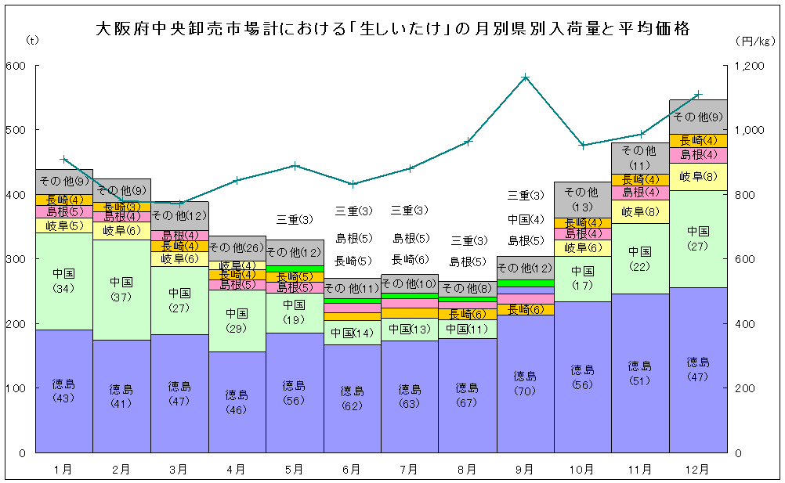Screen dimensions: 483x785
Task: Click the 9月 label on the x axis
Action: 525,470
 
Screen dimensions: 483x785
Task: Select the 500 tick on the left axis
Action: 15,130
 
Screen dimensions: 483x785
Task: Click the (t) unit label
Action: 31,39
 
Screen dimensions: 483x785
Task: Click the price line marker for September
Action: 525,77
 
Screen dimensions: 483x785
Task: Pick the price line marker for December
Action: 698,95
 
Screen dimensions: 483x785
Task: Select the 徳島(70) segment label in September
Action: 525,383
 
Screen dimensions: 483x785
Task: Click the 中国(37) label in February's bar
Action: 121,288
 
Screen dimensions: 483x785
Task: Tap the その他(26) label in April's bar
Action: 237,247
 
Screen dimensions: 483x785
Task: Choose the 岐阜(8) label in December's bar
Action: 697,176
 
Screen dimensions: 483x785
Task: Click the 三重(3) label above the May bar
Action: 294,220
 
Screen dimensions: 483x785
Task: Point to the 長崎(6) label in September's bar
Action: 525,310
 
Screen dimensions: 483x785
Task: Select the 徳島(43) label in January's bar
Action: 63,391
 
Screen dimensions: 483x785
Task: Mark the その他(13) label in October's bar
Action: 582,199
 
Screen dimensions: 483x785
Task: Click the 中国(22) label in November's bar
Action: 640,258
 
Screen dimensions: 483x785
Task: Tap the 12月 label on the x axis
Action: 698,470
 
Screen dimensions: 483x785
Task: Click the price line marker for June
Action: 352,184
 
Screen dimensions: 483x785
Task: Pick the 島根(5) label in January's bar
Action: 63,211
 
